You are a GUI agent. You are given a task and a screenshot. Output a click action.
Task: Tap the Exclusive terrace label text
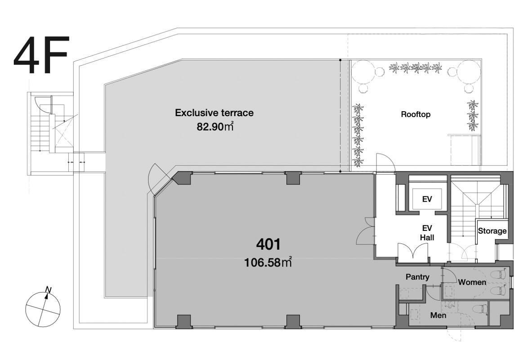point(214,113)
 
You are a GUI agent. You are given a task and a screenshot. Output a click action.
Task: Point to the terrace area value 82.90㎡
point(215,127)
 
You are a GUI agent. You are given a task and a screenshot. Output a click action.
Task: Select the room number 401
point(268,244)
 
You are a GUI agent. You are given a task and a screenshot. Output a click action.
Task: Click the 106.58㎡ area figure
point(268,262)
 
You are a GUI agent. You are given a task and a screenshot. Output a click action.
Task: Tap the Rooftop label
point(416,114)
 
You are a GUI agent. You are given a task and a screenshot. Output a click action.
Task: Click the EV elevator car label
point(427,199)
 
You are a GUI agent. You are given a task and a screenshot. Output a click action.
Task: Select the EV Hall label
point(427,233)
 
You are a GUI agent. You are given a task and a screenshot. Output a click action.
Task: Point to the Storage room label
point(492,231)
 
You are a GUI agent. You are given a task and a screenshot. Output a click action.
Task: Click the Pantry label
point(417,277)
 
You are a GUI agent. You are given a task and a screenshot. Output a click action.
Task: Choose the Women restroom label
point(472,282)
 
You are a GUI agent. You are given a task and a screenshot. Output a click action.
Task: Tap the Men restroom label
point(438,315)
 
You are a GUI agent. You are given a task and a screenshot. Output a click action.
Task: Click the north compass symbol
point(43,307)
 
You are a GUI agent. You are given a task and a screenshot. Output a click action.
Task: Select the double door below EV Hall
point(412,252)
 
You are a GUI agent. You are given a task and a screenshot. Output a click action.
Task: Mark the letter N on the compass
point(49,290)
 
